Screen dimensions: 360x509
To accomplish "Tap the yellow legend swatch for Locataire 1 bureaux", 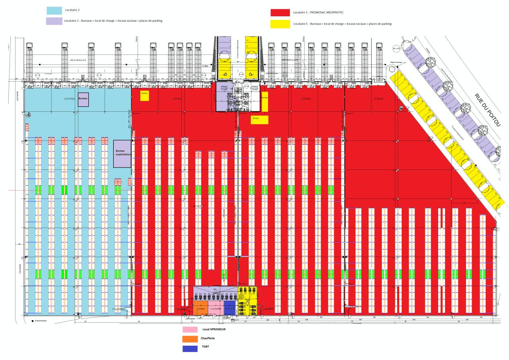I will coord(280,24).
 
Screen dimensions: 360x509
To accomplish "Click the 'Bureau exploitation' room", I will coord(122,154).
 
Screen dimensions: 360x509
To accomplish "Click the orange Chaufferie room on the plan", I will coord(200,309).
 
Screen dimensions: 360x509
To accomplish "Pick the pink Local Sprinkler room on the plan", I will coord(216,309).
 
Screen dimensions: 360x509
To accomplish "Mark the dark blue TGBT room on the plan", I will coord(230,309).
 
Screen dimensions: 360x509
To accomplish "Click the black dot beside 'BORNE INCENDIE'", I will coord(31,321).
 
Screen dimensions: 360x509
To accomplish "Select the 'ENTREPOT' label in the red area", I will coord(198,206).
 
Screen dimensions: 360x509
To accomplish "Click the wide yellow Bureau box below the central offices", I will coord(259,119).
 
